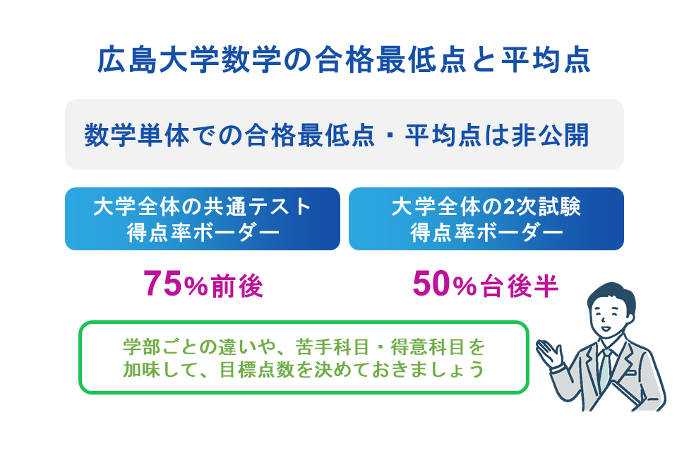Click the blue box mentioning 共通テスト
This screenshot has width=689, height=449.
[x=203, y=218]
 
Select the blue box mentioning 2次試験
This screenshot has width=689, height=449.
[x=486, y=218]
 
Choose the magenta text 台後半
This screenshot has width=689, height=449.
[x=520, y=286]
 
